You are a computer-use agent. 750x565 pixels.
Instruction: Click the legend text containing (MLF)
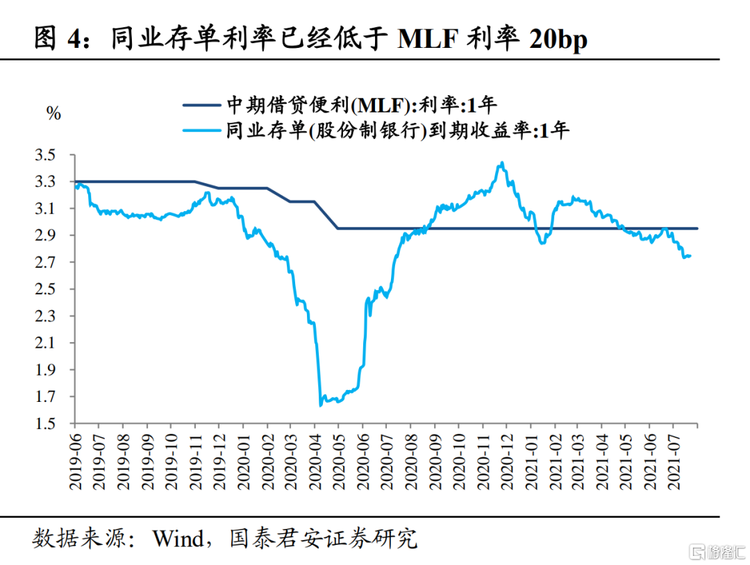361,106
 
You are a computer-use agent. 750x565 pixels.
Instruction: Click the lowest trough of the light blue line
320,405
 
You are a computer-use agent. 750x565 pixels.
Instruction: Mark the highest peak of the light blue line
501,163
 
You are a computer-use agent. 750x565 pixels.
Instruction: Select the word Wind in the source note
181,538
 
